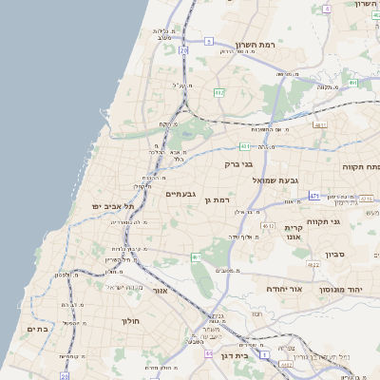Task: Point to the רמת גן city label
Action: coord(218,199)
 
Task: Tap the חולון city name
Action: coord(130,321)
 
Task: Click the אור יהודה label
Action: coord(283,287)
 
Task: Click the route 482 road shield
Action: coord(219,92)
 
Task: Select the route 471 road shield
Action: coord(314,196)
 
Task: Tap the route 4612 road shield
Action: coord(269,225)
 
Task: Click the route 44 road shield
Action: coord(208,352)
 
